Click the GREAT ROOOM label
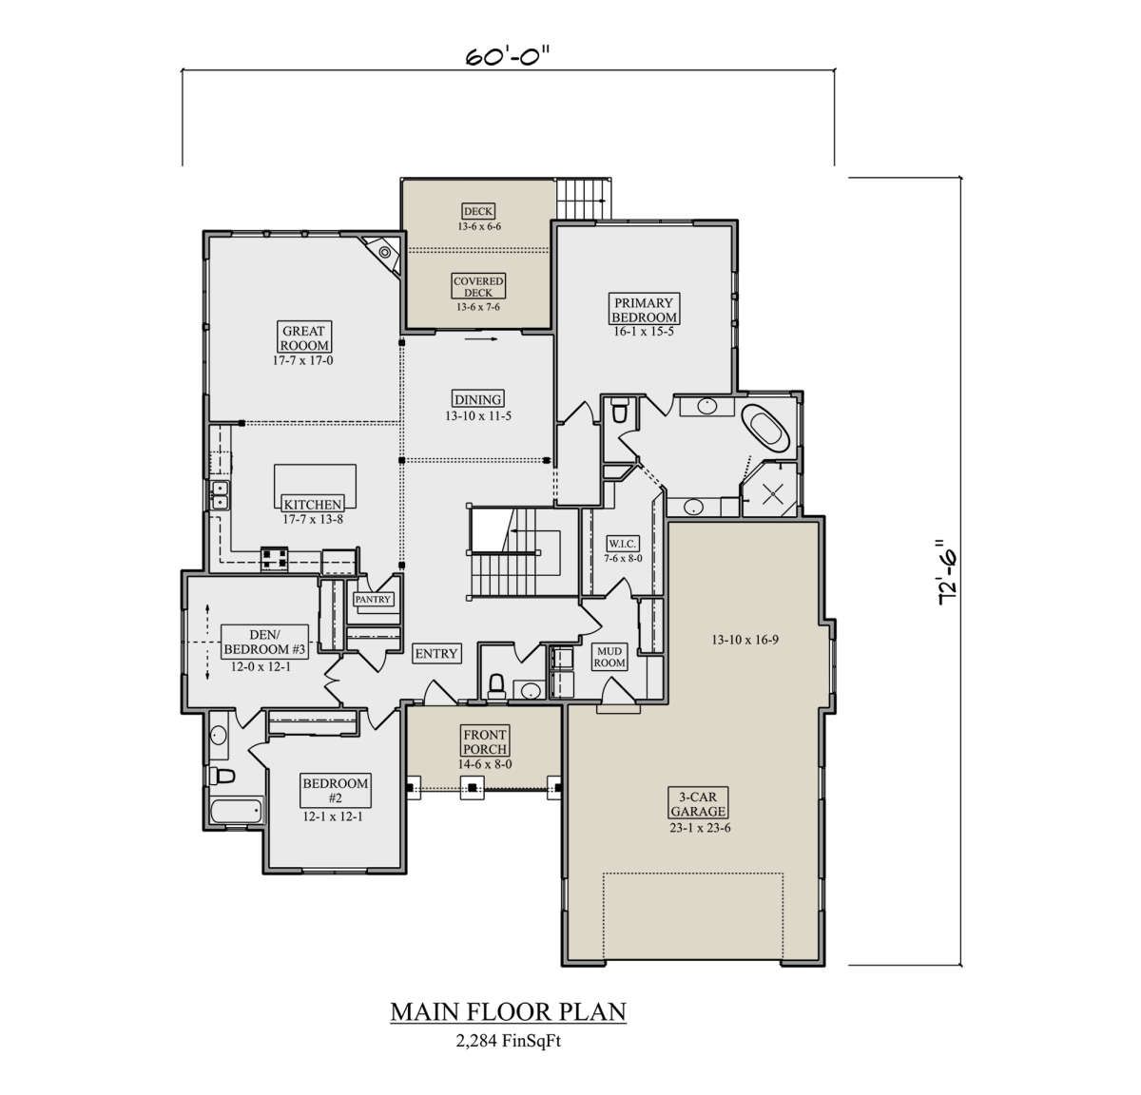[303, 337]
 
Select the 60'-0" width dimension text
[508, 57]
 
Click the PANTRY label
[373, 599]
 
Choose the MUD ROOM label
[609, 657]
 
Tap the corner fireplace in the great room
[384, 253]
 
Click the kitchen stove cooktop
[275, 559]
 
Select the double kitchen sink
[220, 495]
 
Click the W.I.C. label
[622, 544]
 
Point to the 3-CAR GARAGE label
[698, 803]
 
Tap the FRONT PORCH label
[484, 741]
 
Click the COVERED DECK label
[478, 287]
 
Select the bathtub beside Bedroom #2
[237, 811]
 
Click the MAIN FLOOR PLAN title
[509, 1011]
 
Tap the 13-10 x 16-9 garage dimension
[745, 640]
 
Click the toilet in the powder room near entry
[496, 686]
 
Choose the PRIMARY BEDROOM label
[644, 310]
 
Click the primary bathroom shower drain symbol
[773, 494]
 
